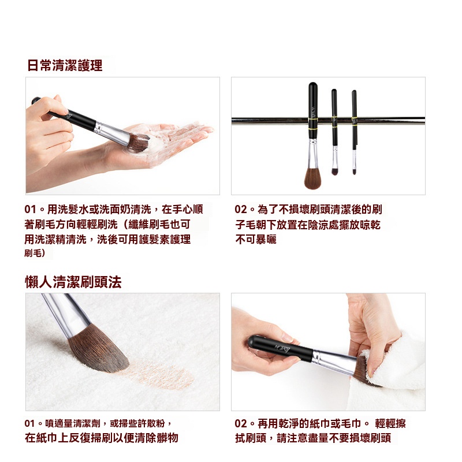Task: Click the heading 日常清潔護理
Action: point(65,65)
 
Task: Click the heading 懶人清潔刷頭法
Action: point(73,282)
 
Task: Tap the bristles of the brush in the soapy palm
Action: point(139,142)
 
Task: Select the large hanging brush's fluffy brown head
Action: point(312,178)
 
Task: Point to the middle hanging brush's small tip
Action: point(335,172)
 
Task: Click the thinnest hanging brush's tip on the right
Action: point(355,172)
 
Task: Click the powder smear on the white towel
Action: point(159,374)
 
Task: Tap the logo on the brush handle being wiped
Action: point(282,348)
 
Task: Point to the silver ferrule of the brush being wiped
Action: point(334,361)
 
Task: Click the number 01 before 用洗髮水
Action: point(30,209)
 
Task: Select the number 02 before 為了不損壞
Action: point(241,209)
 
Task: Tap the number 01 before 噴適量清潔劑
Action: point(30,423)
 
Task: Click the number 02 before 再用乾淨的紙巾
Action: point(241,423)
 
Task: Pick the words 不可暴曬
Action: point(256,239)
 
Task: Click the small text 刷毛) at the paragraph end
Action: point(35,253)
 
